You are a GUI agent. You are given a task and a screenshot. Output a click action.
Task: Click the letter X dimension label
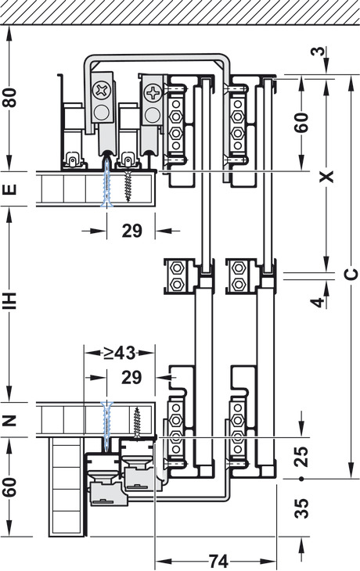(326, 176)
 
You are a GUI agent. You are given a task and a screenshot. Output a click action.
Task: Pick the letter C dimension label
(350, 275)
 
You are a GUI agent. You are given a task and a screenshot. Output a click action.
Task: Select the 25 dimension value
(301, 456)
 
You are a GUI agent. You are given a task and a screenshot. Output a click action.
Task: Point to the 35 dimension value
(301, 508)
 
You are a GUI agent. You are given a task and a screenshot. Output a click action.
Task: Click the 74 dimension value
(218, 561)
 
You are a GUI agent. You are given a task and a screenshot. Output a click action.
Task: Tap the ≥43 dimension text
(119, 353)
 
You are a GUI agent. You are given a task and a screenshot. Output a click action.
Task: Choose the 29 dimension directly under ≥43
(131, 378)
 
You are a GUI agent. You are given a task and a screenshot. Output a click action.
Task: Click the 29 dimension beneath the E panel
(132, 231)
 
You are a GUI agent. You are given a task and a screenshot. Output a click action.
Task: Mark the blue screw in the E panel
(106, 183)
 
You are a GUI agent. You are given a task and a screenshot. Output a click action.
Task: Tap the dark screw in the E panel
(128, 185)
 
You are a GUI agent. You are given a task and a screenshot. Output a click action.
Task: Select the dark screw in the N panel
(137, 422)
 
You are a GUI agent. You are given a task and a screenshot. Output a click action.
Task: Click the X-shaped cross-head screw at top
(101, 90)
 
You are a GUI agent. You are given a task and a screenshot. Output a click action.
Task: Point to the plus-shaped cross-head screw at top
(153, 93)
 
